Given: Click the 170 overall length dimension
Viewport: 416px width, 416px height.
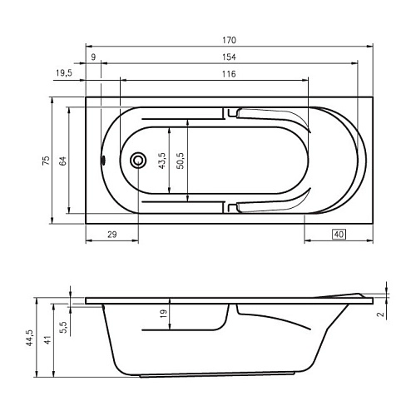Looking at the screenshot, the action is point(229,40).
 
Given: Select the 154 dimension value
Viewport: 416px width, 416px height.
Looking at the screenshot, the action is point(229,57).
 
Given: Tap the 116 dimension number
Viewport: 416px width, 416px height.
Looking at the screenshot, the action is point(229,74).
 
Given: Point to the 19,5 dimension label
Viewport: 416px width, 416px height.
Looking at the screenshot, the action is point(64,73).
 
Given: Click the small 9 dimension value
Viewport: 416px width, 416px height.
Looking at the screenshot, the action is point(93,57).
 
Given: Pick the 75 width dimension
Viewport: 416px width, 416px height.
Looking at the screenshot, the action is point(46,161).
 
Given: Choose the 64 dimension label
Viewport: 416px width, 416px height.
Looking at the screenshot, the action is point(63,161).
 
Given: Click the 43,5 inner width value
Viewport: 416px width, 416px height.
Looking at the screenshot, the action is point(162,161).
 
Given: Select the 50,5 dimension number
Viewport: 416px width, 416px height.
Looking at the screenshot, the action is point(181,161).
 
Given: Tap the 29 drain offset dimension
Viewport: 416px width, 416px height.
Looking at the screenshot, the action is point(111,235).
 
